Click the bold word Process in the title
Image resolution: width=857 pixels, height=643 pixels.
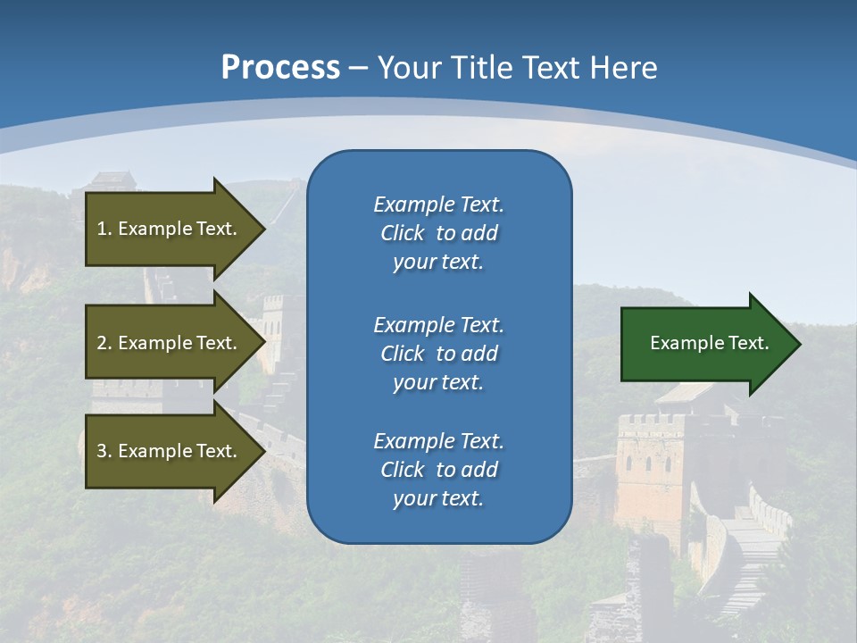click(x=280, y=68)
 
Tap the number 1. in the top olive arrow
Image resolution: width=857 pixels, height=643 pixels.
click(x=104, y=229)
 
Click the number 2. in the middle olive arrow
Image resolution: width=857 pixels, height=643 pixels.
click(x=104, y=343)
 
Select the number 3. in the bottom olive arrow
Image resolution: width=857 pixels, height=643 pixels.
click(x=104, y=451)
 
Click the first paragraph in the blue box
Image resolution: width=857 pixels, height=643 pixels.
click(x=438, y=233)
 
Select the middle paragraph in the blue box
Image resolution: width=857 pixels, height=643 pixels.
click(x=438, y=354)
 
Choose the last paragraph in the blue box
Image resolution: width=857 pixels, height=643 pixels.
click(x=438, y=470)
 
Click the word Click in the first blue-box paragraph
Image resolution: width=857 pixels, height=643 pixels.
click(x=402, y=233)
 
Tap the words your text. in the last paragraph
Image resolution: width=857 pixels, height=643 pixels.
click(x=438, y=498)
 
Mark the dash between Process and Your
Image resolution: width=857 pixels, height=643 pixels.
click(x=358, y=69)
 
